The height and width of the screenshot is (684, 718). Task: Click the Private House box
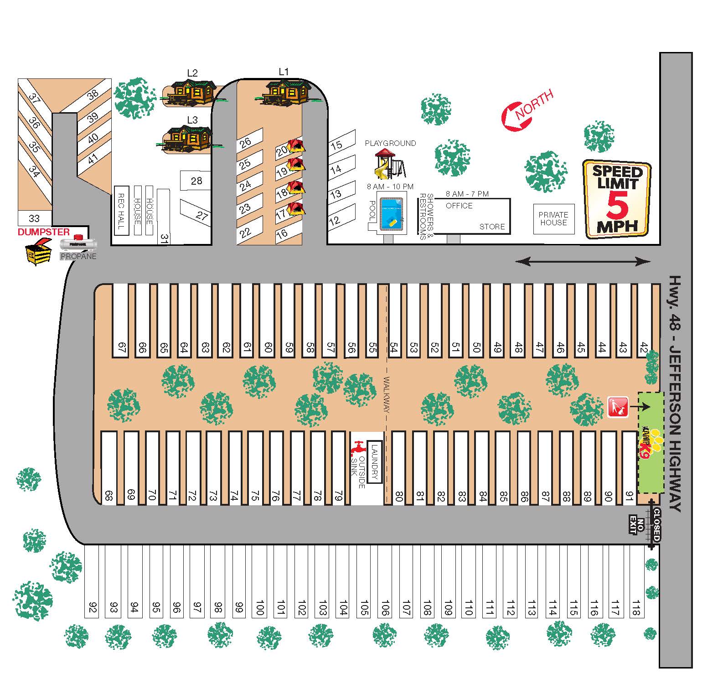553,219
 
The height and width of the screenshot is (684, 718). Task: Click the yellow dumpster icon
38,252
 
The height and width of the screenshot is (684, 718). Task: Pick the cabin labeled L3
188,138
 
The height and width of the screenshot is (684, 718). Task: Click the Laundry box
375,462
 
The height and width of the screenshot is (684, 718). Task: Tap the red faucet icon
358,447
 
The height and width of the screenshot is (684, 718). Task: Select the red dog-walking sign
618,407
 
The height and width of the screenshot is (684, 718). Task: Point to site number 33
34,218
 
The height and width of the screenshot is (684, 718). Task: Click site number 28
196,181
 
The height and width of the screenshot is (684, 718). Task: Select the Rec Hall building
121,210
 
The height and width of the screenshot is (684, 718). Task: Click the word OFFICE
459,206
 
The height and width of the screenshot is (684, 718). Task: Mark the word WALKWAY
386,394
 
